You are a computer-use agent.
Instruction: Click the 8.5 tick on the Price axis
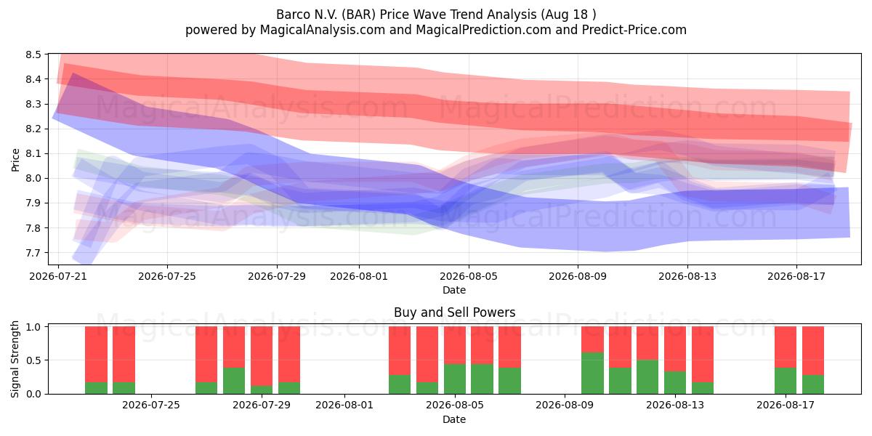(x=33, y=54)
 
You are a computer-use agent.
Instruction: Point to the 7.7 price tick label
(x=33, y=253)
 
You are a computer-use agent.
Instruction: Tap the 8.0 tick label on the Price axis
(x=33, y=179)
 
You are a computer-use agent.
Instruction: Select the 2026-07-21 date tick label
(x=58, y=276)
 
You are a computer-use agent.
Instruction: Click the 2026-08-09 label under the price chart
(x=578, y=276)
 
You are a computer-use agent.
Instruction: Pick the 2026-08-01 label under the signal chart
(x=344, y=405)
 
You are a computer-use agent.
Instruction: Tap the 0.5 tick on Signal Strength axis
(x=33, y=360)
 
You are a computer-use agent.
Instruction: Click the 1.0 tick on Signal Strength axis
(x=33, y=327)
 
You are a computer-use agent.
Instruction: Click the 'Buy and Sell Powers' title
(x=454, y=312)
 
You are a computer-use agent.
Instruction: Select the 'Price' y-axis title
(x=15, y=160)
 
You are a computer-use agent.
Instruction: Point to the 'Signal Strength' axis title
(x=15, y=359)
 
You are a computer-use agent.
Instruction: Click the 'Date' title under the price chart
(x=454, y=290)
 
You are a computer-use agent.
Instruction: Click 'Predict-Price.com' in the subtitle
(x=634, y=30)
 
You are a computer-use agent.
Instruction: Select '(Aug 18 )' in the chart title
(x=568, y=15)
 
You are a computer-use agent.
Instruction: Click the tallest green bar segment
(x=592, y=374)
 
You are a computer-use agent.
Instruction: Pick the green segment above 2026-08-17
(x=786, y=381)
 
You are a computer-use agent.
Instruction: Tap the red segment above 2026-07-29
(x=262, y=356)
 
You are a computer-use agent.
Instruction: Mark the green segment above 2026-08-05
(x=455, y=379)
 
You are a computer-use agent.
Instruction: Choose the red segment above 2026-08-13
(x=675, y=350)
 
